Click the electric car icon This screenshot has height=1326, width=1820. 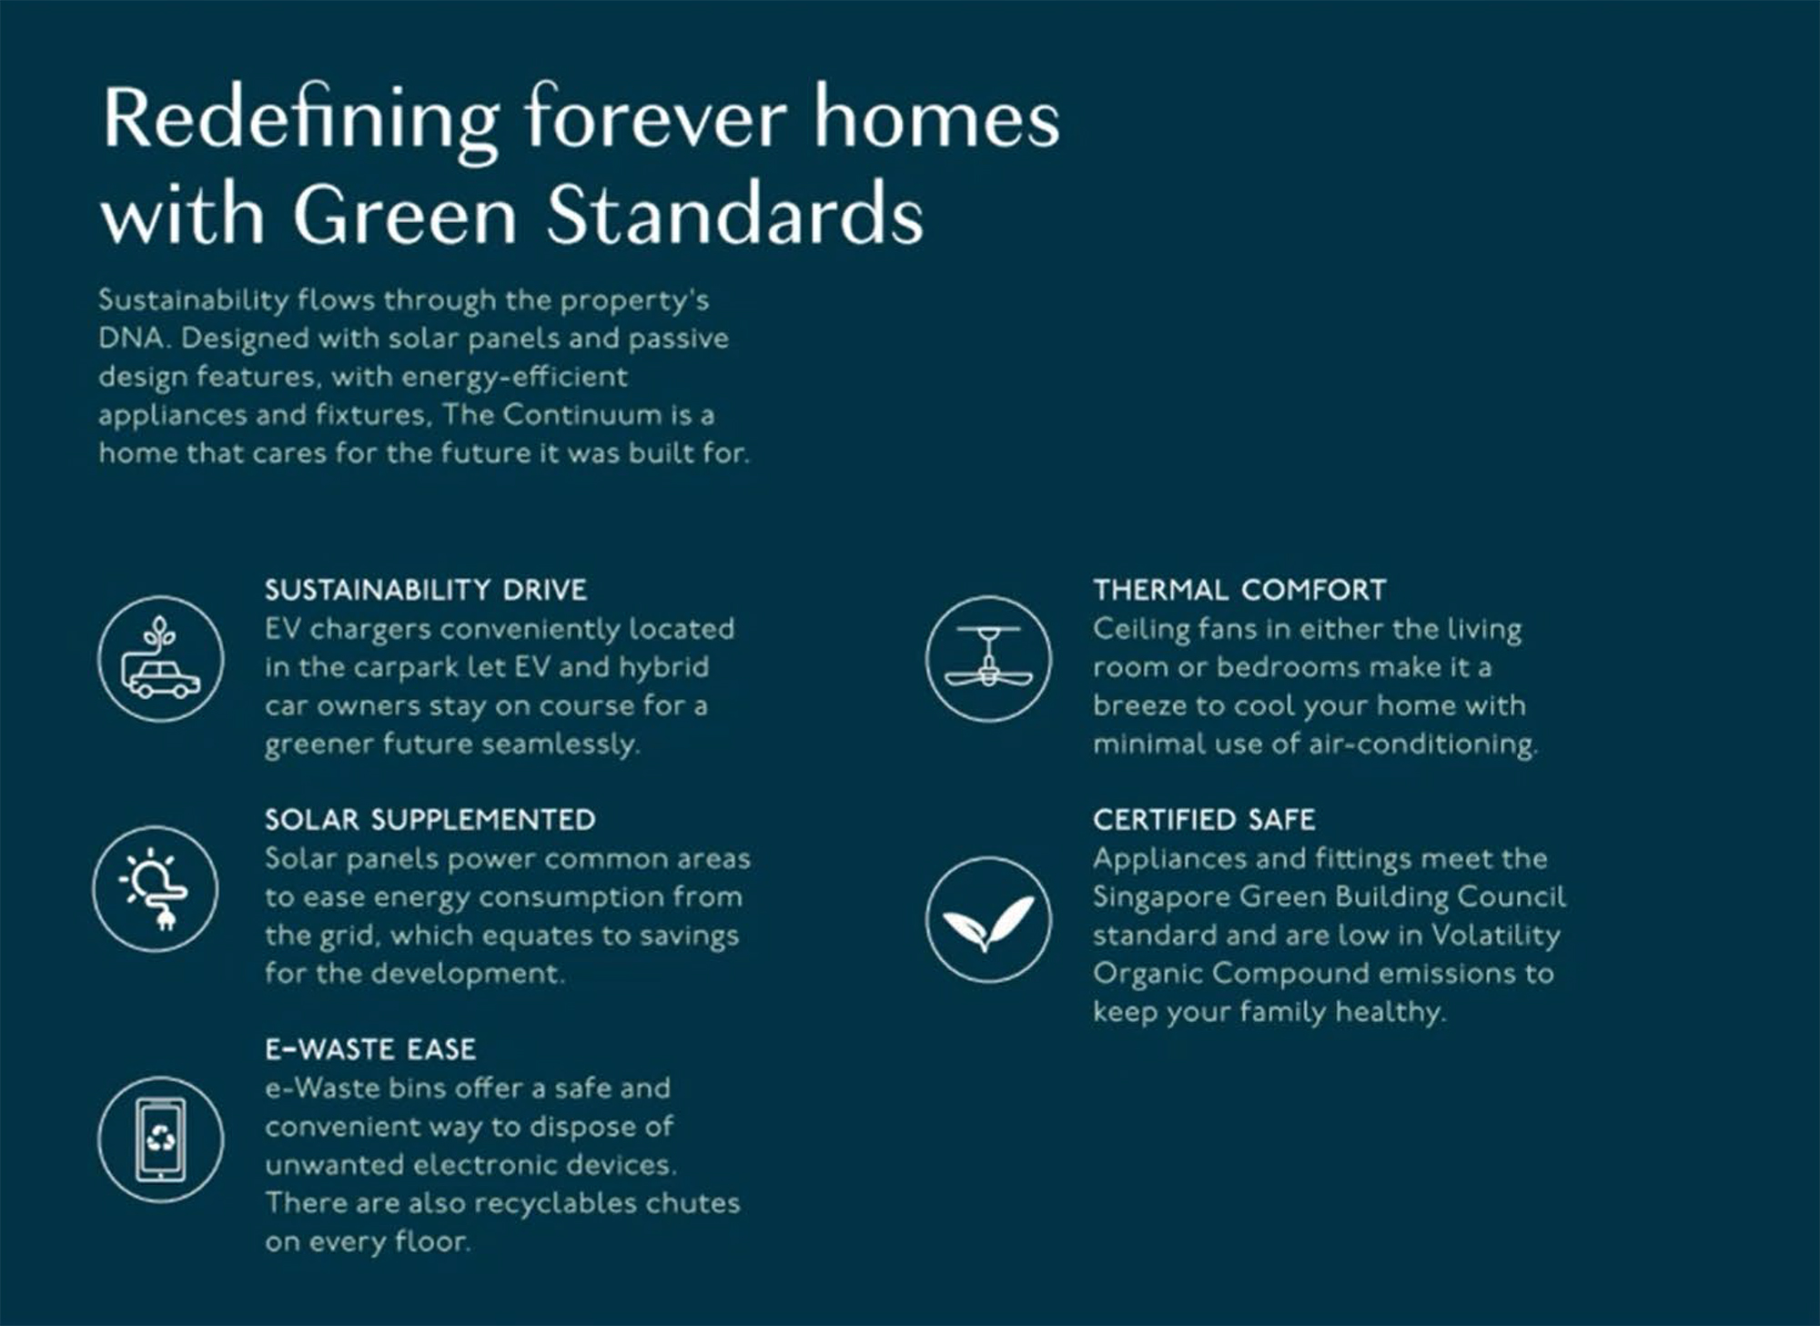click(161, 659)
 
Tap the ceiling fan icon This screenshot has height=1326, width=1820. click(988, 659)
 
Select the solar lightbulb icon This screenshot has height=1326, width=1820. click(156, 889)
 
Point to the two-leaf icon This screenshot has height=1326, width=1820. click(988, 919)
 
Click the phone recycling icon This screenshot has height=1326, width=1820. click(161, 1139)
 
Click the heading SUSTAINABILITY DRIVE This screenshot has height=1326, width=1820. click(426, 590)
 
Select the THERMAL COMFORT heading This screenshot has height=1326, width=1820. click(1240, 590)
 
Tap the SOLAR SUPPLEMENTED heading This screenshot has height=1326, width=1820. click(430, 819)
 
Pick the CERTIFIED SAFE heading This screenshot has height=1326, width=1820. click(1205, 819)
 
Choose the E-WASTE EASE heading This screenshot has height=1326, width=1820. click(370, 1049)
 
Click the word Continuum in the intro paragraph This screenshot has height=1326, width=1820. click(582, 415)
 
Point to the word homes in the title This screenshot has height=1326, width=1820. click(936, 118)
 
